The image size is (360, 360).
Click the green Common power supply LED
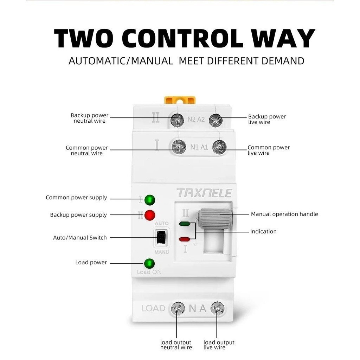[150, 200]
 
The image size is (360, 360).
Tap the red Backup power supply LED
[150, 215]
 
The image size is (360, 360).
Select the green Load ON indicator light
[149, 263]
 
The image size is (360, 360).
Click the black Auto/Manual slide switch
[161, 238]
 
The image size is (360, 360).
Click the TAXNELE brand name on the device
[204, 193]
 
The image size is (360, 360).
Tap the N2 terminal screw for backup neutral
[177, 120]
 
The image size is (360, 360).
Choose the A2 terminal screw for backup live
[216, 120]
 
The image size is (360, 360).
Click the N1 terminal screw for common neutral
[179, 147]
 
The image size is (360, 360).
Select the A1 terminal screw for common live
[219, 147]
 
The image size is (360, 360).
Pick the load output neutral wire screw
[178, 309]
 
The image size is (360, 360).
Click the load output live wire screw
[217, 309]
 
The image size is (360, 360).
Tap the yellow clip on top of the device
[180, 99]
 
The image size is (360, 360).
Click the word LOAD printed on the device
[153, 309]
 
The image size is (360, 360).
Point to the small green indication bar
[185, 224]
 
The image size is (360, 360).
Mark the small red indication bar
[185, 239]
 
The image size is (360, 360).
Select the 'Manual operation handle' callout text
[284, 214]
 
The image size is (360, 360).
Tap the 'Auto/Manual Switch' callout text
[80, 238]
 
